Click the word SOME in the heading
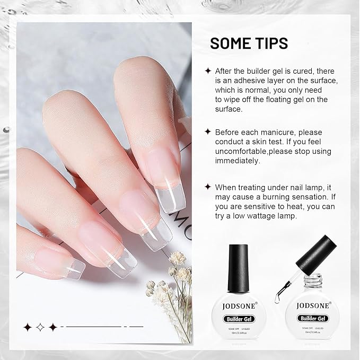click(232, 43)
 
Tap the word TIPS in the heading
click(271, 43)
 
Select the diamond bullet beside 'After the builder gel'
click(208, 71)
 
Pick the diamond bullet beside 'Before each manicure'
click(208, 132)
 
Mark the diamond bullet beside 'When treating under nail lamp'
click(208, 187)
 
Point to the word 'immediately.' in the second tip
click(237, 161)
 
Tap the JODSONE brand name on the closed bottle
click(242, 306)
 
